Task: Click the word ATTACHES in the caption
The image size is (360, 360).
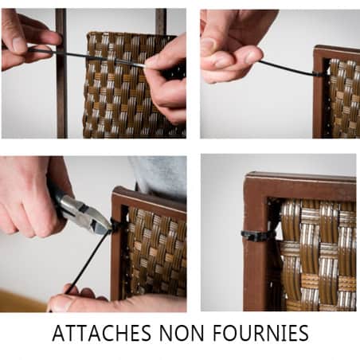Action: tap(102, 333)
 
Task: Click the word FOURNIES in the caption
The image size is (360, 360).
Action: tap(260, 333)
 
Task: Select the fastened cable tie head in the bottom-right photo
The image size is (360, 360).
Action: tap(252, 236)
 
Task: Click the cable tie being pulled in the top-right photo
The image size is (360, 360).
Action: tap(289, 69)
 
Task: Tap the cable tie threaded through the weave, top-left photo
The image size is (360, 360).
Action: tap(88, 57)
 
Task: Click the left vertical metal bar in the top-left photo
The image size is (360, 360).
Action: tap(61, 73)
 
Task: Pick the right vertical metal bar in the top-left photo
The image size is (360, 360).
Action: tap(161, 22)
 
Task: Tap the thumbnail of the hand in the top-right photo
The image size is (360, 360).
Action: tap(209, 45)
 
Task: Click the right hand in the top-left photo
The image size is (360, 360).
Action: tap(167, 80)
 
